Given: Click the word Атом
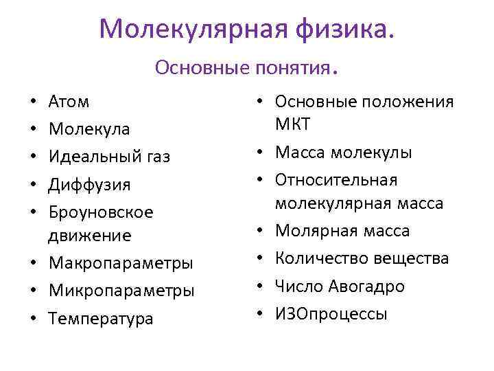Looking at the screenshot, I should click(x=69, y=102).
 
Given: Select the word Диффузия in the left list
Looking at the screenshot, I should click(x=89, y=185).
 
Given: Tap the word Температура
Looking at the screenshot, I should click(x=101, y=319).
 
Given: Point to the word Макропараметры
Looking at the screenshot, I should click(x=120, y=263).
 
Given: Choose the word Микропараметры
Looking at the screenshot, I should click(x=121, y=291).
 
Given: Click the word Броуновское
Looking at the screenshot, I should click(x=101, y=212).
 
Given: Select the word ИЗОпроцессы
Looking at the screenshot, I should click(x=331, y=314).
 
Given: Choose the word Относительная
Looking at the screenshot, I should click(x=336, y=179).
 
